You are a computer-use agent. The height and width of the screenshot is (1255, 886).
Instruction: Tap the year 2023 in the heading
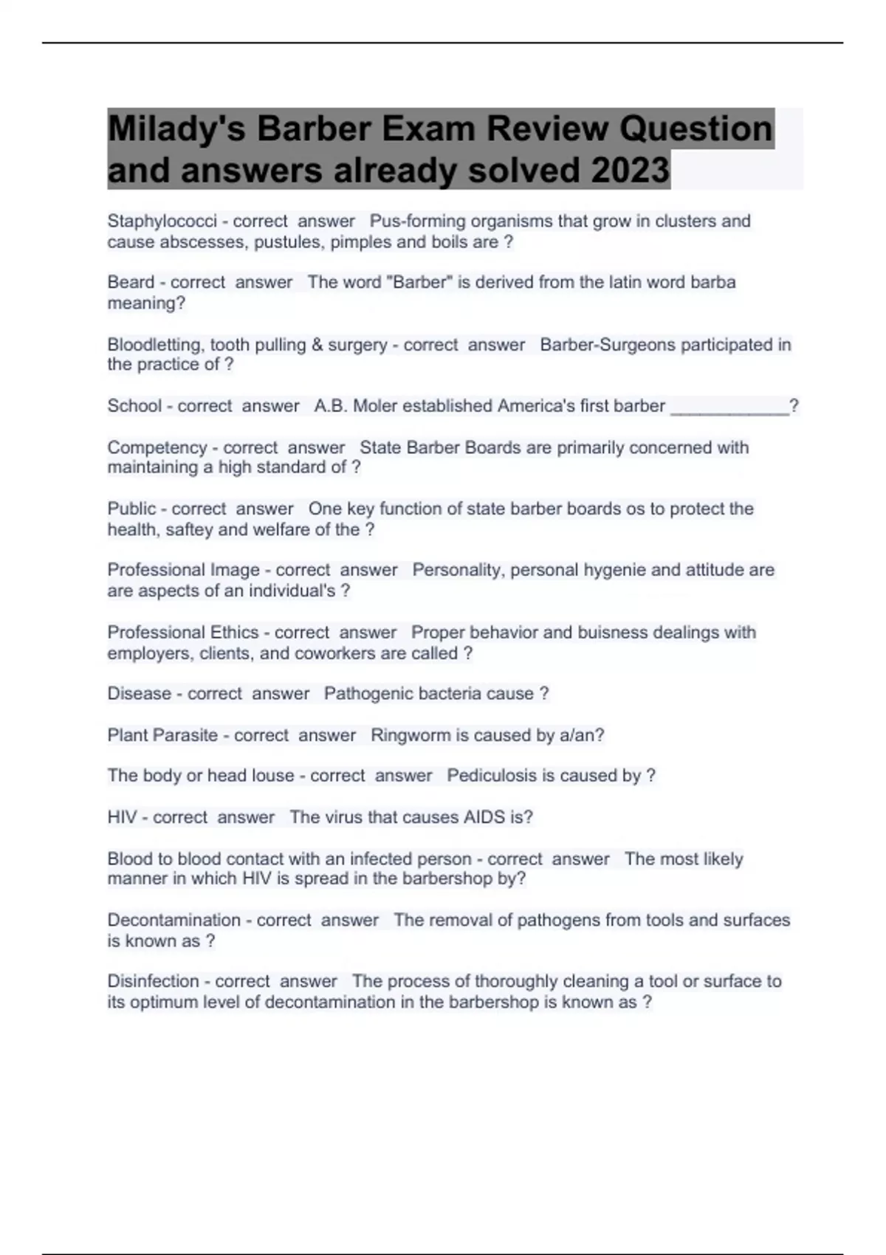point(629,171)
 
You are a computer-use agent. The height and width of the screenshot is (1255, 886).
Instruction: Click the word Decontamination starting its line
point(174,921)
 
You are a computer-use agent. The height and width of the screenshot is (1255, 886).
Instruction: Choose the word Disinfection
point(154,981)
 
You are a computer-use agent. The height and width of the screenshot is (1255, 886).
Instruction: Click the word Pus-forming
point(416,221)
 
